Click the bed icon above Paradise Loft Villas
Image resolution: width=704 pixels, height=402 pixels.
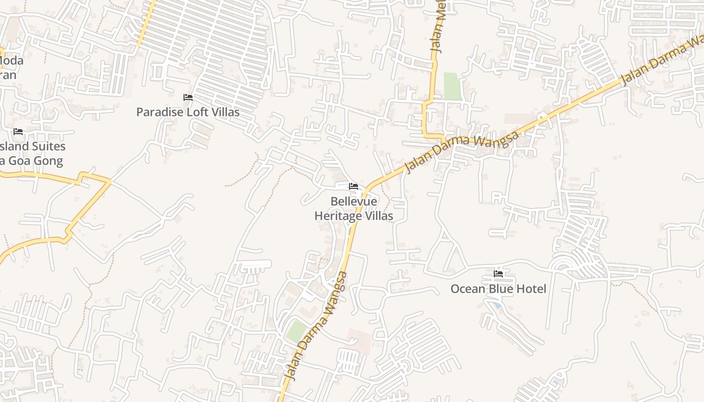pyautogui.click(x=188, y=97)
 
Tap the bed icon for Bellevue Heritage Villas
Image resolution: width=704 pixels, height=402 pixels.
pyautogui.click(x=354, y=186)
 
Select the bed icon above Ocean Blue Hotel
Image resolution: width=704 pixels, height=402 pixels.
pyautogui.click(x=498, y=274)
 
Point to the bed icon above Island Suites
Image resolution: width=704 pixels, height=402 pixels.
pyautogui.click(x=18, y=132)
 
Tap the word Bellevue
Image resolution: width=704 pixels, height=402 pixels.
pyautogui.click(x=354, y=202)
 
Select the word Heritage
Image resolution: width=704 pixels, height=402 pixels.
pyautogui.click(x=337, y=216)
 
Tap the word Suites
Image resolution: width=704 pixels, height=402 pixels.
pyautogui.click(x=49, y=147)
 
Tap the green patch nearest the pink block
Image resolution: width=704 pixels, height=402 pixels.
pyautogui.click(x=296, y=332)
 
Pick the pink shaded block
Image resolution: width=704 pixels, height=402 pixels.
pyautogui.click(x=359, y=341)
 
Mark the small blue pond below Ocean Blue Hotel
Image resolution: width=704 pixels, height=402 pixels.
pyautogui.click(x=497, y=305)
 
